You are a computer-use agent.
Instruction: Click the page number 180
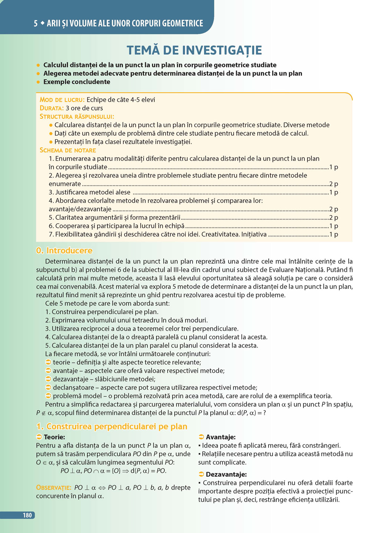click(27, 515)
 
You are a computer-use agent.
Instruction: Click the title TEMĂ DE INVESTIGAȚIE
click(194, 50)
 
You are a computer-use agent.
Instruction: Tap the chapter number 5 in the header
click(36, 23)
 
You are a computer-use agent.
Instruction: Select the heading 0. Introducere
click(64, 251)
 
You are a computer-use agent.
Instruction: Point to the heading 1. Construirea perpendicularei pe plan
click(112, 426)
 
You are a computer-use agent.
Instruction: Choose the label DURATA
click(52, 108)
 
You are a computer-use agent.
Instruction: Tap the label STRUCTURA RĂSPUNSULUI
click(77, 117)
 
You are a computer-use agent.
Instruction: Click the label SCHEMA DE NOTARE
click(67, 150)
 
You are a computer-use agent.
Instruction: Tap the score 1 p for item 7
click(333, 234)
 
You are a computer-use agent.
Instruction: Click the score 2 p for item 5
click(333, 218)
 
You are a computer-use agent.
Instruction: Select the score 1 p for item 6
click(333, 226)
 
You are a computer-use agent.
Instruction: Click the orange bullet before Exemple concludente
click(38, 82)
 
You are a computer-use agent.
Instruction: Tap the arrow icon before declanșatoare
click(48, 388)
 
